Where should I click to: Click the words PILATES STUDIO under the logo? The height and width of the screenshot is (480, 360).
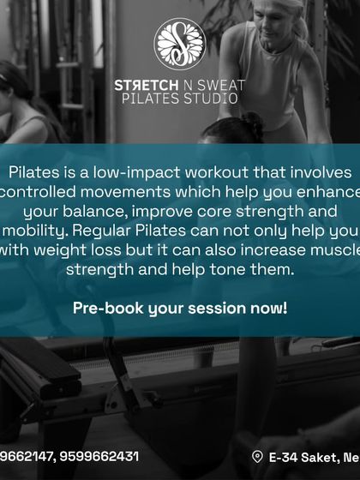coord(180,99)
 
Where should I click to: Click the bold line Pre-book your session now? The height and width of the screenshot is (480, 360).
coord(180,308)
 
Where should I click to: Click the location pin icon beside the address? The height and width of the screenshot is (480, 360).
coord(256,457)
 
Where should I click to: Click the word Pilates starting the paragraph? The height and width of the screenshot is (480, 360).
coord(33,171)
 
